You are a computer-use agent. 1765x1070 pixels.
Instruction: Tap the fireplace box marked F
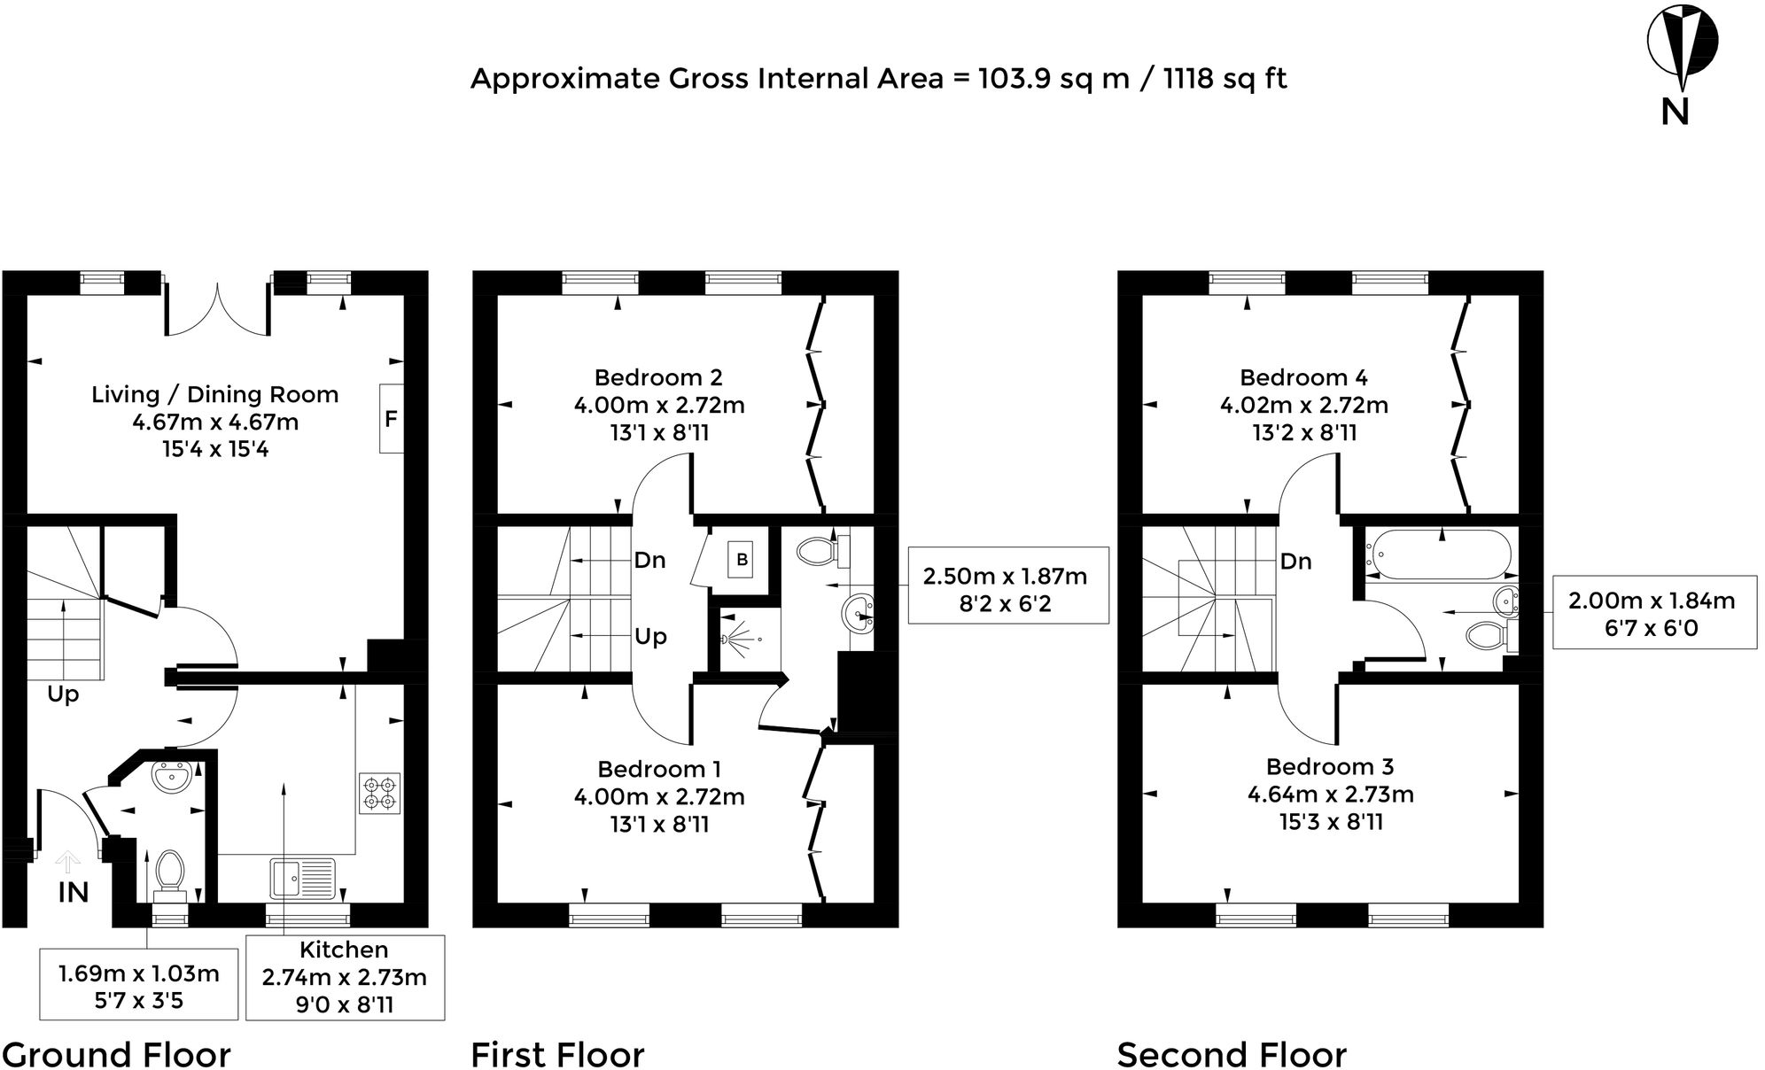click(x=392, y=419)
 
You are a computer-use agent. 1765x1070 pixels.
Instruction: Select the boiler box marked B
click(x=743, y=560)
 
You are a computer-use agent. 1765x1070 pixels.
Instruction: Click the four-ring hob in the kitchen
click(x=379, y=794)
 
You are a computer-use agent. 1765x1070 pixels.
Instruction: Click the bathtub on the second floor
click(x=1438, y=554)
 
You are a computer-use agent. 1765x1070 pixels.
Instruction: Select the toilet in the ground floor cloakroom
click(x=169, y=872)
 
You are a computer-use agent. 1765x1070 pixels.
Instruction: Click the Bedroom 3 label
click(x=1329, y=766)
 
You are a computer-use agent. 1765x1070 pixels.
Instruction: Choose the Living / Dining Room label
click(x=214, y=395)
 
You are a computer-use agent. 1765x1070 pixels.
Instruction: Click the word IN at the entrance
click(x=73, y=893)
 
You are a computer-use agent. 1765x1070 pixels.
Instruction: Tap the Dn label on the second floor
click(x=1295, y=562)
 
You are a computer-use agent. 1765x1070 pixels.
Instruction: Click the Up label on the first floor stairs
click(x=650, y=637)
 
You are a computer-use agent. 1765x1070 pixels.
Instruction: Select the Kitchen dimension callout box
click(x=345, y=978)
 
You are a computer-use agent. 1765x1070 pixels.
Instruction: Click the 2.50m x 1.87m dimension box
click(x=1007, y=590)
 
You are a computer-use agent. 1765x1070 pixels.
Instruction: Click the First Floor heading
click(x=557, y=1055)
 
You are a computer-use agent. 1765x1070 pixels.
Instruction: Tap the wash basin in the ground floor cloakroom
click(x=170, y=777)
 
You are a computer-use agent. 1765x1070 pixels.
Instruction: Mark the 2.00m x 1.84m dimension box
click(x=1653, y=614)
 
